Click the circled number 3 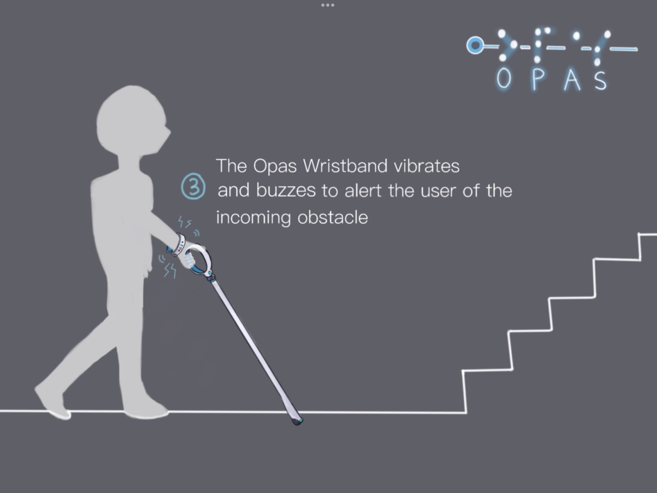click(193, 187)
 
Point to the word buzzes click(285, 190)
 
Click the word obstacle click(333, 217)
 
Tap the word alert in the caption click(363, 190)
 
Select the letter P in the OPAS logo click(538, 79)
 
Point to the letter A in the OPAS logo click(572, 80)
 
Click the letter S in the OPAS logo click(601, 81)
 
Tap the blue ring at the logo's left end click(475, 45)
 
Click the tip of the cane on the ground click(297, 421)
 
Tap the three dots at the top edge click(328, 5)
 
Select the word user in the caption click(438, 191)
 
